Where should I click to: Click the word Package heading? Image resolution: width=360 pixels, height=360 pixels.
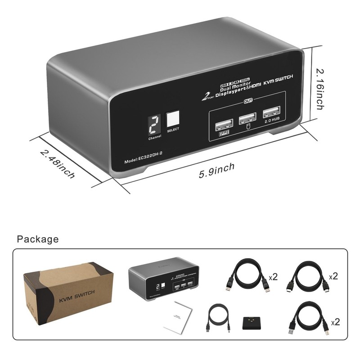click(x=38, y=239)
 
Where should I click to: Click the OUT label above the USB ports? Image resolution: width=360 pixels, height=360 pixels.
click(x=248, y=102)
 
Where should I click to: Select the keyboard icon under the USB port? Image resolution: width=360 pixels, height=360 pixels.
click(x=223, y=134)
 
